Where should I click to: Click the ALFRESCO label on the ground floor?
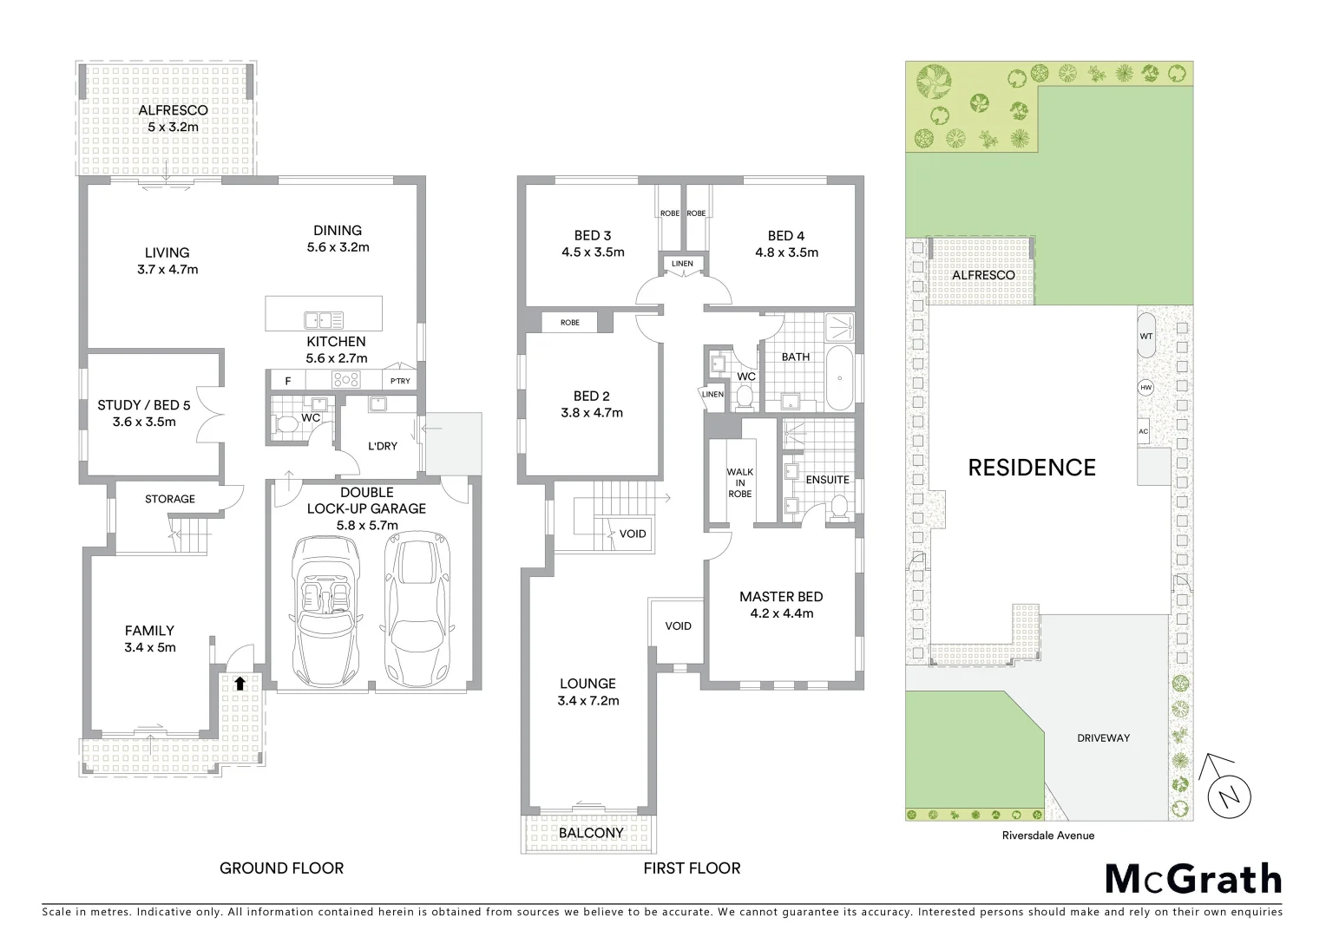click(x=173, y=110)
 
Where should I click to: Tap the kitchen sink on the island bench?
click(x=323, y=319)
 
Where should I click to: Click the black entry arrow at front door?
click(x=240, y=683)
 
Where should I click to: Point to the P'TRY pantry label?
click(x=400, y=382)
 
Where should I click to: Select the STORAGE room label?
click(x=169, y=499)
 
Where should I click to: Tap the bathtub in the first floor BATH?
click(x=839, y=378)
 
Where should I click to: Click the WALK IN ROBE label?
click(x=739, y=482)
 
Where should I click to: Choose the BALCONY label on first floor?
click(x=591, y=833)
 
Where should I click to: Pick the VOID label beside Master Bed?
click(x=678, y=626)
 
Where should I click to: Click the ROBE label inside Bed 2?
click(x=569, y=323)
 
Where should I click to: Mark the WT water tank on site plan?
click(x=1145, y=335)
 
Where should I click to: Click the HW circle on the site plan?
click(x=1145, y=388)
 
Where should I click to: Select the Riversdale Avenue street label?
click(x=1048, y=835)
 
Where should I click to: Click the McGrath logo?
click(x=1192, y=879)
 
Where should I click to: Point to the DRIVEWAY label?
click(x=1103, y=737)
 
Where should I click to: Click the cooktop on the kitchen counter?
click(x=345, y=379)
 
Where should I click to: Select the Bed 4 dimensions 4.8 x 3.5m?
click(x=785, y=252)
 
